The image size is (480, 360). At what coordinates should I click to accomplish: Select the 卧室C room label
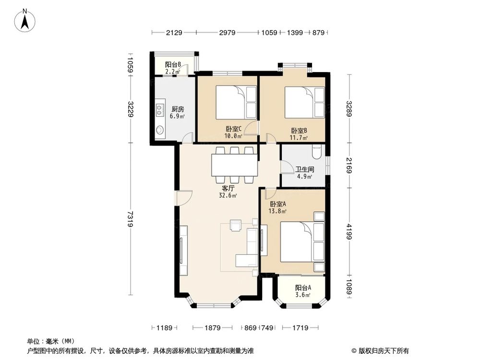pyautogui.click(x=233, y=129)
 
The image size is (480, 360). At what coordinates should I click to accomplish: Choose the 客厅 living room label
pyautogui.click(x=228, y=188)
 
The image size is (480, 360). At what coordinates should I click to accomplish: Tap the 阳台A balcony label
pyautogui.click(x=303, y=288)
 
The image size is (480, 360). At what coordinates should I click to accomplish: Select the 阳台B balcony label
pyautogui.click(x=173, y=65)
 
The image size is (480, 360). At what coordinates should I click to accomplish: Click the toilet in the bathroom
pyautogui.click(x=317, y=152)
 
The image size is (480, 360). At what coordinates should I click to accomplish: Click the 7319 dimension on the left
pyautogui.click(x=130, y=219)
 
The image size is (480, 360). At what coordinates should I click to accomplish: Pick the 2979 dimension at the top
pyautogui.click(x=228, y=33)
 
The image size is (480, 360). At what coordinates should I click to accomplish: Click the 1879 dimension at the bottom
pyautogui.click(x=212, y=328)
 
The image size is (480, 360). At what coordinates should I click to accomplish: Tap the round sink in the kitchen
pyautogui.click(x=159, y=129)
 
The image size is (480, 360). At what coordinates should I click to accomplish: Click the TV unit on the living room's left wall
pyautogui.click(x=182, y=251)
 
